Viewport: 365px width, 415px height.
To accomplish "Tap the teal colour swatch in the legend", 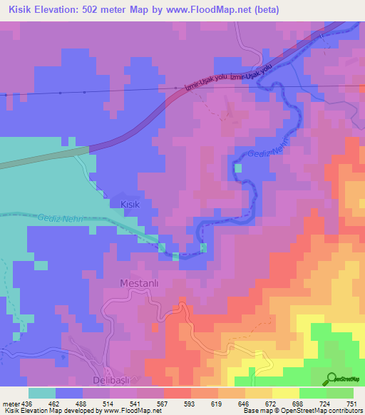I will [x=42, y=393].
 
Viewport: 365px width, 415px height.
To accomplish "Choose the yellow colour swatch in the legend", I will [x=286, y=393].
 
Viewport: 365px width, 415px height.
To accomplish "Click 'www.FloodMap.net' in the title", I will [x=217, y=10].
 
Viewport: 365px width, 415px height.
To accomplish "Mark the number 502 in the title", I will [x=105, y=10].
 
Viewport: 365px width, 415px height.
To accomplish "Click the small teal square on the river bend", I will [x=237, y=168].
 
